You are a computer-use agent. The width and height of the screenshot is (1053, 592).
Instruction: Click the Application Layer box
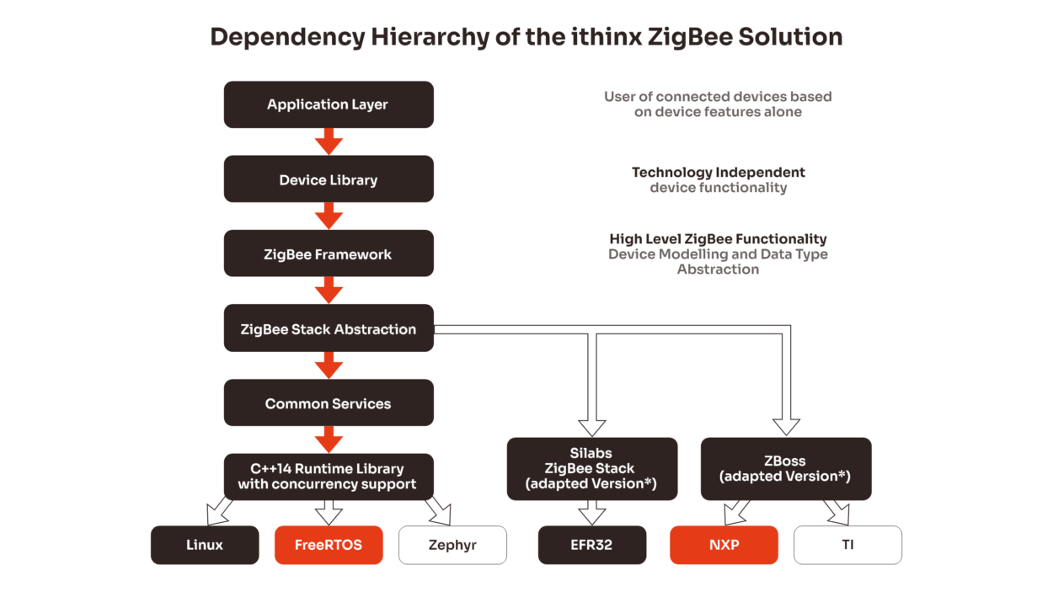[329, 104]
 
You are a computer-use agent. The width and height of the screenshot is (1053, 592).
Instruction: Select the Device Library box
[329, 179]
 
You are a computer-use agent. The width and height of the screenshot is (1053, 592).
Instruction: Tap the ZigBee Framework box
[329, 253]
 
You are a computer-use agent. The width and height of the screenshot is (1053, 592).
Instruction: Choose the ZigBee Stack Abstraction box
[329, 328]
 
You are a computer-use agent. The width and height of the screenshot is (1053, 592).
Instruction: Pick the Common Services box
[329, 403]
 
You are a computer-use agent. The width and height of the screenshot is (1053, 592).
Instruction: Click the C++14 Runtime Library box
[329, 477]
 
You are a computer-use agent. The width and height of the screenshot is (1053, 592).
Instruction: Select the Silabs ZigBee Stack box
[591, 469]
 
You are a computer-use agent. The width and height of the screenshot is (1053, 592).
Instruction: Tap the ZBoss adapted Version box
[785, 469]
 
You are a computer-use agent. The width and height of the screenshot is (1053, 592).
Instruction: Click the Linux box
[205, 545]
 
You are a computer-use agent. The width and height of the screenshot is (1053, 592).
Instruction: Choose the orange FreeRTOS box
[329, 545]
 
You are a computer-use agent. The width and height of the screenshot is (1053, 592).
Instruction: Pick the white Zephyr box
[452, 545]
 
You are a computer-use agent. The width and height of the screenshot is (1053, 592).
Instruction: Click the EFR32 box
[591, 545]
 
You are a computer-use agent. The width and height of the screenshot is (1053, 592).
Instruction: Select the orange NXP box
[724, 545]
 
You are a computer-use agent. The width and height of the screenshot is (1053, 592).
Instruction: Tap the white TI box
[847, 545]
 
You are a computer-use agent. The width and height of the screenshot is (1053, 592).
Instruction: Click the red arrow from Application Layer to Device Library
[329, 141]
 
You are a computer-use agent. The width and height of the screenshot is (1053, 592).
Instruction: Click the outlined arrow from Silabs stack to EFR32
[591, 513]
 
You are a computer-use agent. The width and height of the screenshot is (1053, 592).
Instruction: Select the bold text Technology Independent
[719, 173]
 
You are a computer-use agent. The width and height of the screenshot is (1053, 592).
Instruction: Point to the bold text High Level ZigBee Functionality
[718, 239]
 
